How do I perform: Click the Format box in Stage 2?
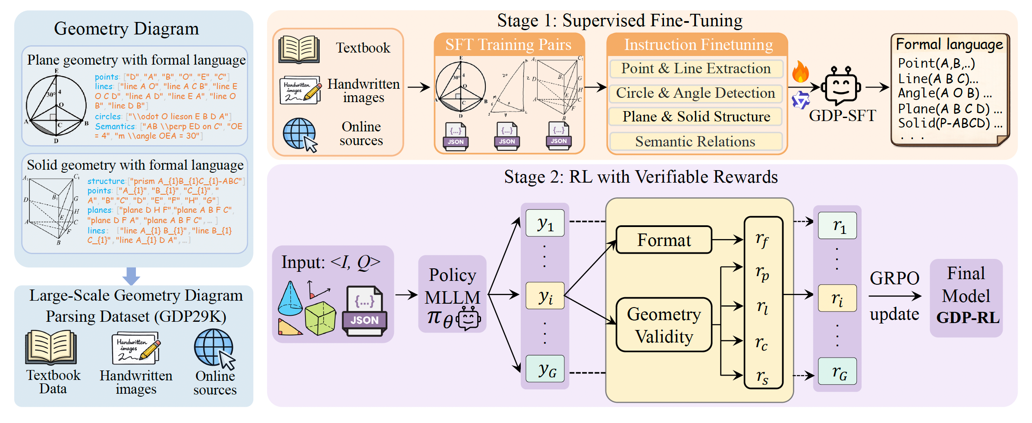(664, 240)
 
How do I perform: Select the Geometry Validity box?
(664, 325)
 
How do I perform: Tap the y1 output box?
(545, 223)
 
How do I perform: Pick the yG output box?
(545, 369)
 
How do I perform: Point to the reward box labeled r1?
(837, 225)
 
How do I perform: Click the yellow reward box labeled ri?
(837, 298)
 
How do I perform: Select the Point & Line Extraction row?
(696, 68)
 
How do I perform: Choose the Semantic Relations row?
(696, 141)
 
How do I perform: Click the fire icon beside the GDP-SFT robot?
(800, 72)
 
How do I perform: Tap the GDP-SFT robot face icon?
(840, 86)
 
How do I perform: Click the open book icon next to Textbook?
(299, 49)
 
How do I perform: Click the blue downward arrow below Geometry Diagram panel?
(131, 276)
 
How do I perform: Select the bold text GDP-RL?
(967, 318)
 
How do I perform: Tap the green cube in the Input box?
(320, 318)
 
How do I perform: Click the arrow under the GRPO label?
(895, 296)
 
